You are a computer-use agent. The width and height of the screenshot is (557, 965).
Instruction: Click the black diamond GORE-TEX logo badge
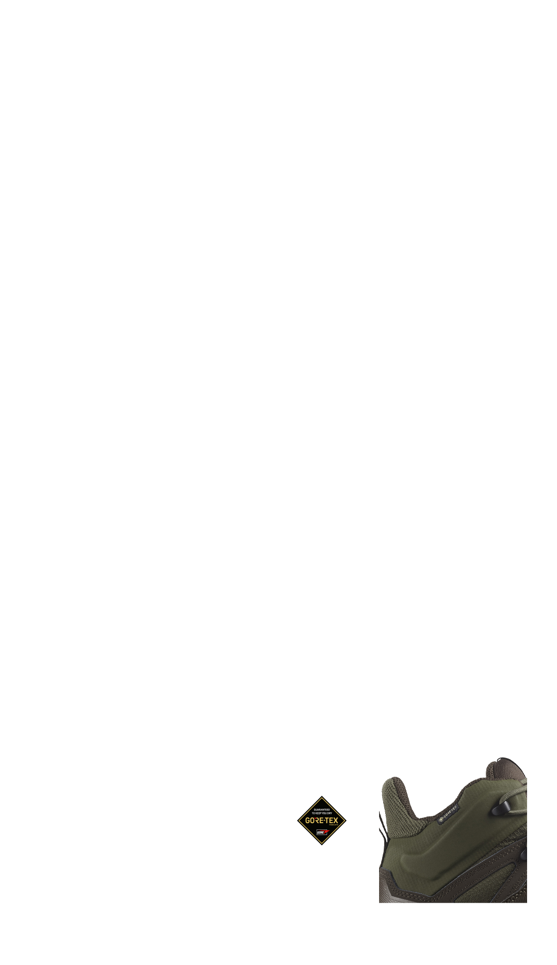[322, 821]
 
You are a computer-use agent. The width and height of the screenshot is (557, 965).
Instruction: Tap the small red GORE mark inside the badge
[322, 832]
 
